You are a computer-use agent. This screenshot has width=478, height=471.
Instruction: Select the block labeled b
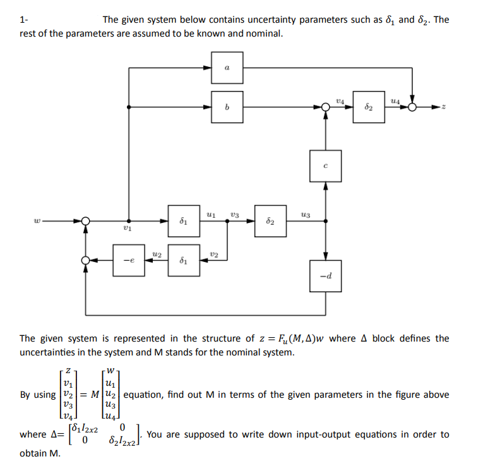pos(227,107)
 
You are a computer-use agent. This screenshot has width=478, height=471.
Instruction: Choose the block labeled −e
pos(129,260)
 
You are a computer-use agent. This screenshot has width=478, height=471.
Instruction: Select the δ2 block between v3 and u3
pos(270,221)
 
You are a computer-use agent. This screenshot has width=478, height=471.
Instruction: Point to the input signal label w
pos(38,221)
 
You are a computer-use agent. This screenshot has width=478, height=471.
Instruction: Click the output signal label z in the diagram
pos(444,107)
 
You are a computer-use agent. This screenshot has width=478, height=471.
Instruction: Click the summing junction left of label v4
pos(325,107)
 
